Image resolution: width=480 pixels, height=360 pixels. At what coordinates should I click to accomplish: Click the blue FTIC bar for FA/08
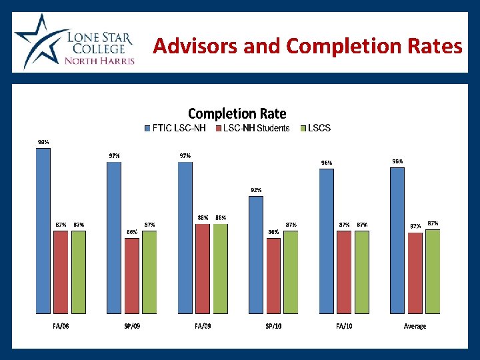click(x=43, y=231)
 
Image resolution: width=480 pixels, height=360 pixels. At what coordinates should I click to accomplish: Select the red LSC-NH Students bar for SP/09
click(x=132, y=275)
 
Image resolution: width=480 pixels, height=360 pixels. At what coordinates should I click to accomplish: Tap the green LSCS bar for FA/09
click(x=221, y=268)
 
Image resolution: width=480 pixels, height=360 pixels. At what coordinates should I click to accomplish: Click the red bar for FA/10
click(x=344, y=272)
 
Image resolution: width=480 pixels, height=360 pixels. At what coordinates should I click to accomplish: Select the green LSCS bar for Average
click(x=433, y=271)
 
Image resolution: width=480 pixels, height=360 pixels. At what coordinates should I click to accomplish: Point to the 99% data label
click(x=43, y=142)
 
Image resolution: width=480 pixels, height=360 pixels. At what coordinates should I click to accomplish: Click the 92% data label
click(x=256, y=190)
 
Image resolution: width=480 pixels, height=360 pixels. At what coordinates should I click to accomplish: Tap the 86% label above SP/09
click(x=132, y=232)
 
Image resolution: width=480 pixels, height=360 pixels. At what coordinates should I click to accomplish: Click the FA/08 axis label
click(x=61, y=326)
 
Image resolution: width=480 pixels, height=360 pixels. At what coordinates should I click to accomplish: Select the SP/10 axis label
click(x=273, y=326)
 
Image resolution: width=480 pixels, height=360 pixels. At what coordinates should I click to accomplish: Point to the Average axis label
click(x=415, y=326)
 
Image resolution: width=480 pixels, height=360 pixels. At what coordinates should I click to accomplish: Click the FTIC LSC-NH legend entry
click(x=176, y=128)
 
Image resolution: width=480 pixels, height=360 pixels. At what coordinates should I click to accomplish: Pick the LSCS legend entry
click(x=315, y=128)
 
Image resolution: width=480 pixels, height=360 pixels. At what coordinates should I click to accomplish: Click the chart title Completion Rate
click(x=237, y=114)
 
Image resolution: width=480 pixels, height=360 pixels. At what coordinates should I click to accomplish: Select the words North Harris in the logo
click(x=99, y=61)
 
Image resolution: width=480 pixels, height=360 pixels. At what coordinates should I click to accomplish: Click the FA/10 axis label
click(x=344, y=326)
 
